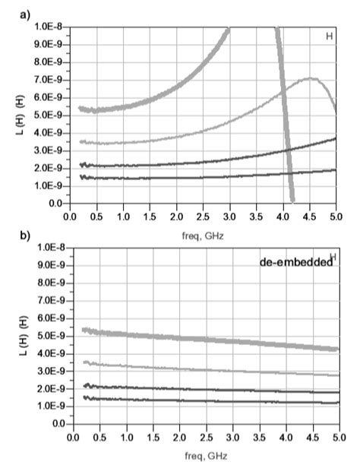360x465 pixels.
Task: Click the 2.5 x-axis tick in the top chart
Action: click(204, 216)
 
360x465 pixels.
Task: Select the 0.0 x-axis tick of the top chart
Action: click(71, 216)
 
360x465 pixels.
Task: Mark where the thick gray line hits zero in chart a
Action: click(292, 202)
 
